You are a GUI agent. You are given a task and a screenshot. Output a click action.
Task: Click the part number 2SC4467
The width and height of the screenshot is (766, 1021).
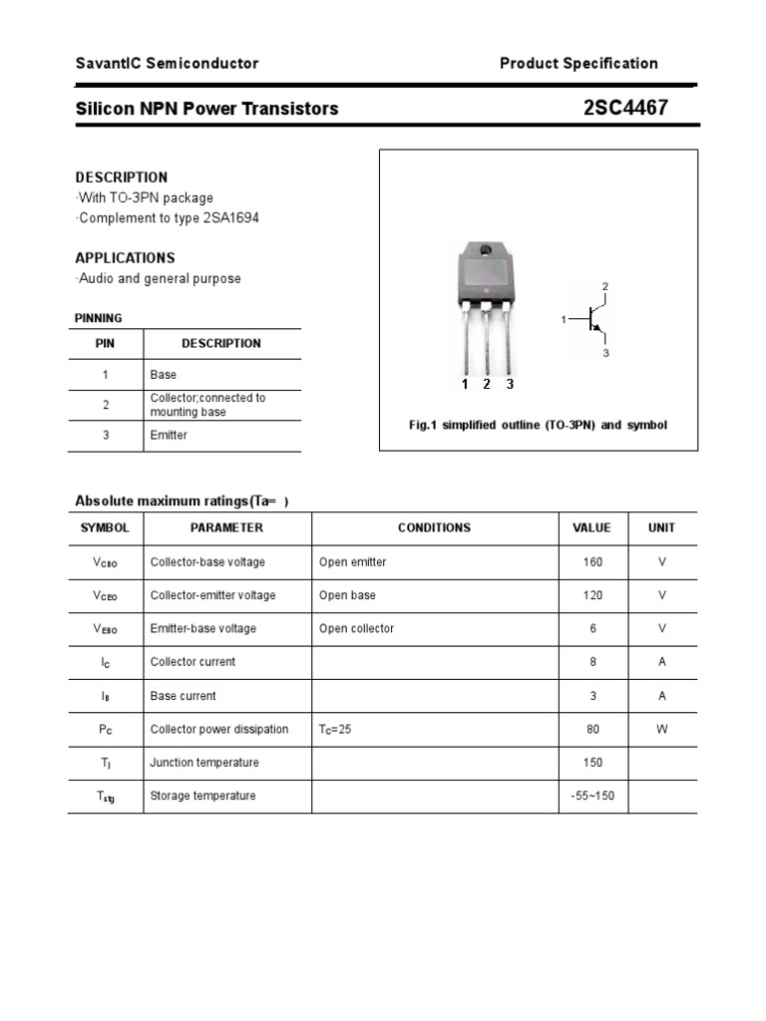(x=625, y=108)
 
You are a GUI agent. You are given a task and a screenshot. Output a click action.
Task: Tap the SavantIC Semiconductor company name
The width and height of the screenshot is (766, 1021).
(x=167, y=64)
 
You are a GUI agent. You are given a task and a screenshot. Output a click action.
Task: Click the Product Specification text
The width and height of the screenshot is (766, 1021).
(x=578, y=64)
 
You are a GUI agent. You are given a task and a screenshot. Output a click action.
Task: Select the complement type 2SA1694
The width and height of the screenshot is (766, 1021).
(x=233, y=217)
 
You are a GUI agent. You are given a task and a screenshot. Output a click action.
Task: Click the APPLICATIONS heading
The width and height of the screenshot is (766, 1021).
(x=125, y=257)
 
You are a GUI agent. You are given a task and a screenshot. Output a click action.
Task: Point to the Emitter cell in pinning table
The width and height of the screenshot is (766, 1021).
(x=169, y=436)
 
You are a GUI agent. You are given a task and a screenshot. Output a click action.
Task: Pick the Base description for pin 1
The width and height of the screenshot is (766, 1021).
(x=164, y=375)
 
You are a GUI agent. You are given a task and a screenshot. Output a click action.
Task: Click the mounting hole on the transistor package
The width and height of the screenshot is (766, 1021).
(x=486, y=250)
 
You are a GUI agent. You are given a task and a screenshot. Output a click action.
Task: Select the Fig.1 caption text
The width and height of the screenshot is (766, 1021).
(x=538, y=425)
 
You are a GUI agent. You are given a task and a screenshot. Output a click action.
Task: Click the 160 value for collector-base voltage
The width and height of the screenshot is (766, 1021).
(x=593, y=562)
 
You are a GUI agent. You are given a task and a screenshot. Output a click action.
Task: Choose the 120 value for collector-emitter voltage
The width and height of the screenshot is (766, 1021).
(x=593, y=595)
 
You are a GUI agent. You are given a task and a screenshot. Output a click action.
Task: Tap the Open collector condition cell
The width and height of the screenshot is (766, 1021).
(x=356, y=629)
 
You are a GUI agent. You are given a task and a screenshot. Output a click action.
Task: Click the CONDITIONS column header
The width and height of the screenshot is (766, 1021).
(x=434, y=528)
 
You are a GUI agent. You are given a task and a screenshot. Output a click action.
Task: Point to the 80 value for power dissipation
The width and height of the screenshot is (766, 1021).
(x=593, y=730)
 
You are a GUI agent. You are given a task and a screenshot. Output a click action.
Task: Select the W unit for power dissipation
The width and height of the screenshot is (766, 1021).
(x=661, y=730)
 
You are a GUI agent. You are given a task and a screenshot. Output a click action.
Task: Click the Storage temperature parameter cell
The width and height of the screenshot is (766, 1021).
(x=202, y=796)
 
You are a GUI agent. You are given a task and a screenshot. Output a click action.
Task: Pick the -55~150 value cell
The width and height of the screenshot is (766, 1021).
(x=593, y=796)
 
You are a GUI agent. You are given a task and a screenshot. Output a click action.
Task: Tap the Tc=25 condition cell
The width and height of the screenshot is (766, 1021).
(x=335, y=730)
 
